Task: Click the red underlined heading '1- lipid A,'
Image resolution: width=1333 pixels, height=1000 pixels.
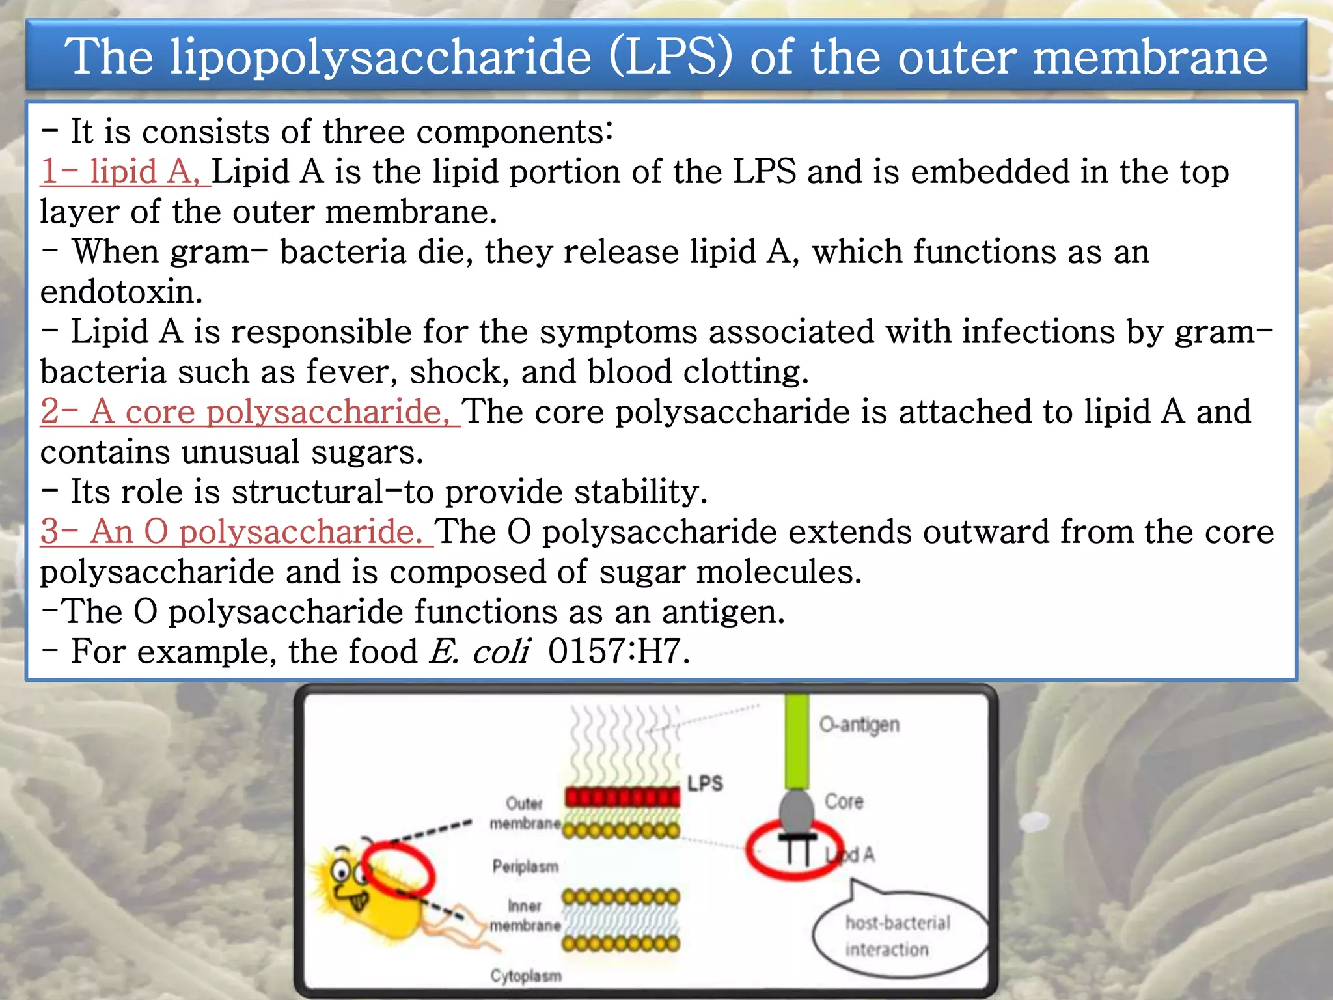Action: [124, 173]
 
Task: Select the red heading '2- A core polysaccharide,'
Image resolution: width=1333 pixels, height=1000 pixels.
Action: [249, 412]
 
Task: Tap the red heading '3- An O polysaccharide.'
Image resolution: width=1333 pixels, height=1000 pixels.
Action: [236, 532]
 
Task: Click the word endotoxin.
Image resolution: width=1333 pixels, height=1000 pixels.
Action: [121, 292]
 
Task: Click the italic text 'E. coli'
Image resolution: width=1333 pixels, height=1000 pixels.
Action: [479, 652]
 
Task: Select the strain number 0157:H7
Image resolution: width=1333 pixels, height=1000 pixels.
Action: [618, 652]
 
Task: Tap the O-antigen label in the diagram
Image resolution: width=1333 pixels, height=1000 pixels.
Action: [859, 725]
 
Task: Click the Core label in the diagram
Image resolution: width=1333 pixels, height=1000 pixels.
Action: [844, 801]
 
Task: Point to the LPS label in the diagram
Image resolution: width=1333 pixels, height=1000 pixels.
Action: [705, 783]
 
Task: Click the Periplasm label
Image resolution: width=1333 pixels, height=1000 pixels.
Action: [525, 867]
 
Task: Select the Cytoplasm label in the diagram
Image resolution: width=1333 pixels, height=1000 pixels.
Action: [526, 975]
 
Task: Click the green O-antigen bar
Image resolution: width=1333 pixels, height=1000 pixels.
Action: [797, 742]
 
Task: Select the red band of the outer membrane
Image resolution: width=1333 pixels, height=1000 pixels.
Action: [622, 796]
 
